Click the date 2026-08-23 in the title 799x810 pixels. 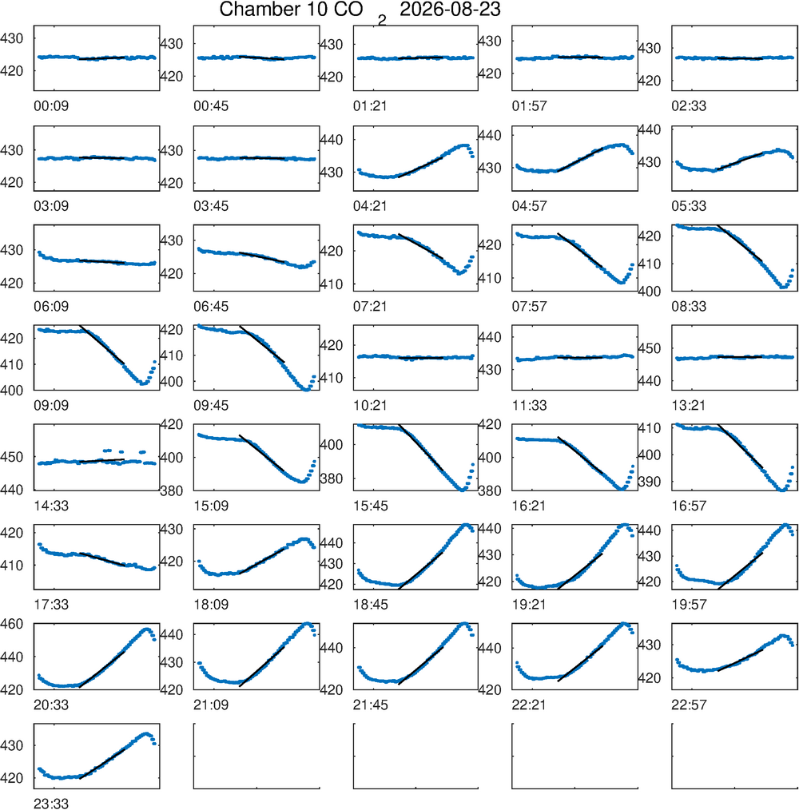(x=450, y=10)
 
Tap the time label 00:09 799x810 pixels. (x=51, y=106)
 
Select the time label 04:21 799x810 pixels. (x=371, y=206)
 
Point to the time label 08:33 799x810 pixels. (x=689, y=306)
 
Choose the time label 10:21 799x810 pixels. (x=371, y=406)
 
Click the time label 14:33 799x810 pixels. (x=51, y=506)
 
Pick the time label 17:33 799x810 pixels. (x=51, y=605)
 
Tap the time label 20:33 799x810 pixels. (x=51, y=705)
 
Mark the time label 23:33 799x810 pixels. (x=51, y=804)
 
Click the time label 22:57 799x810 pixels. (x=689, y=705)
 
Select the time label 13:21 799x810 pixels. (x=689, y=406)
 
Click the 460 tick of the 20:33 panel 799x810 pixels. (x=12, y=624)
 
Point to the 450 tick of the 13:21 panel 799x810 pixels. (x=649, y=349)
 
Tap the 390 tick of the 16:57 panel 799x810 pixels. (x=649, y=482)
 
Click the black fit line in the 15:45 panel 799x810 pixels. (x=420, y=447)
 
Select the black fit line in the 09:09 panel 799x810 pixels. (x=101, y=344)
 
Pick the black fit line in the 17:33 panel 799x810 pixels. (x=101, y=559)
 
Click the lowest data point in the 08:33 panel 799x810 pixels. (x=784, y=287)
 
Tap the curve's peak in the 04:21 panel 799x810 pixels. (x=465, y=145)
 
